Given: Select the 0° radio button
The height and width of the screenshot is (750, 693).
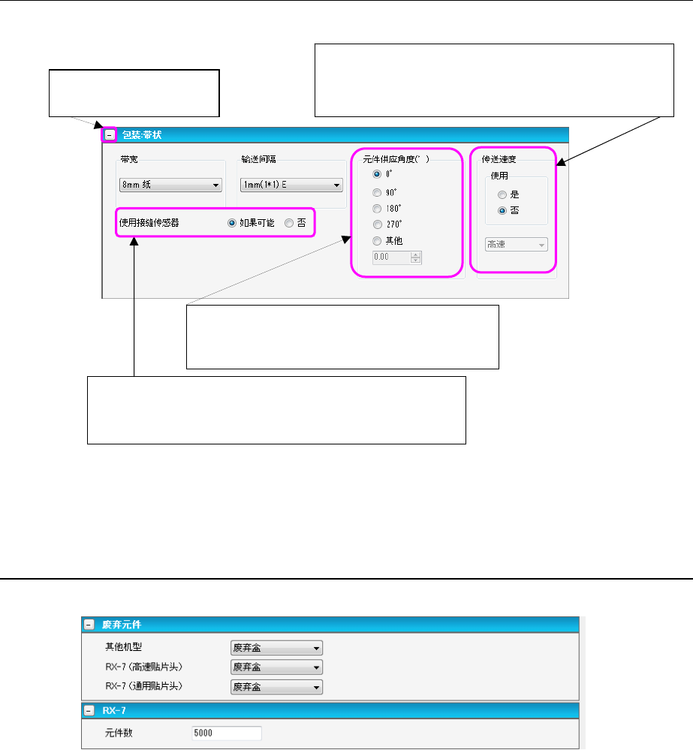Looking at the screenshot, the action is (378, 172).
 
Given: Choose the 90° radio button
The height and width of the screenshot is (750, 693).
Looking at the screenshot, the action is (378, 192).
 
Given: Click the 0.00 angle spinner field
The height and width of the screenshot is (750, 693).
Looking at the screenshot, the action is (392, 258).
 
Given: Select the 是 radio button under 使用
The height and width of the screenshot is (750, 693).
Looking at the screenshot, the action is (503, 194).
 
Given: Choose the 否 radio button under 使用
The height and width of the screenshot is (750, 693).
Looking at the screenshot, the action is (503, 211).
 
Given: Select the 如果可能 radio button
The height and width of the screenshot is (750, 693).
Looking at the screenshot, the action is (232, 223).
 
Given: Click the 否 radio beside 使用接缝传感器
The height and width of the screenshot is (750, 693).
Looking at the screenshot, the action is (289, 223).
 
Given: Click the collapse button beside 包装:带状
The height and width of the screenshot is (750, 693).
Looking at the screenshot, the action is (110, 135).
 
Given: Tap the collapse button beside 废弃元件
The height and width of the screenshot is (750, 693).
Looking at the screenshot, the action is (89, 625).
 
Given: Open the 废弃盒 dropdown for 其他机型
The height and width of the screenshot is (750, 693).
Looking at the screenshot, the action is (276, 648).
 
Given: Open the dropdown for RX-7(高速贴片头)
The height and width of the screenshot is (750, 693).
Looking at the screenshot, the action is (276, 667).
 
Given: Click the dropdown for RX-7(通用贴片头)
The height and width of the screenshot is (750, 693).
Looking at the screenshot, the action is (276, 687).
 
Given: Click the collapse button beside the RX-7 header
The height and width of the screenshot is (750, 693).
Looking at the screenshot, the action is (89, 710).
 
